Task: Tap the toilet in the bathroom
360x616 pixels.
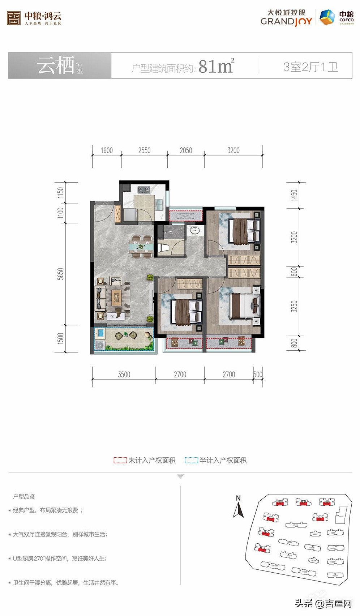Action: (x=163, y=248)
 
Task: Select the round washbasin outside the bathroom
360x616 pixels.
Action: (x=195, y=230)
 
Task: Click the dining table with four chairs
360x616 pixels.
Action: (x=142, y=247)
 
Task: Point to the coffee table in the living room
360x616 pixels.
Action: (x=116, y=297)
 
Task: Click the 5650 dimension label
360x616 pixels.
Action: (x=61, y=274)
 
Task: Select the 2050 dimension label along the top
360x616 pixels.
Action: (x=186, y=150)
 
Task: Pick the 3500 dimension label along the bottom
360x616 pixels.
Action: (x=124, y=375)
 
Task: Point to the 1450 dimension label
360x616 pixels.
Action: (x=295, y=195)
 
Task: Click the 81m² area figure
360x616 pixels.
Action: (x=216, y=66)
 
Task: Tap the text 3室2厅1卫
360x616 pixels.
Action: (x=310, y=67)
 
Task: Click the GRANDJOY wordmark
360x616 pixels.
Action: (x=286, y=21)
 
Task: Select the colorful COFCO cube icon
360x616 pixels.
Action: (x=327, y=17)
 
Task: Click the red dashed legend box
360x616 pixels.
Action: (x=120, y=460)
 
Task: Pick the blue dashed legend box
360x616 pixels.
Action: (x=191, y=460)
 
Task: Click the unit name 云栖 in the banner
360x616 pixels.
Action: (x=56, y=65)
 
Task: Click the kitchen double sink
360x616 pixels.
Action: (x=159, y=205)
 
